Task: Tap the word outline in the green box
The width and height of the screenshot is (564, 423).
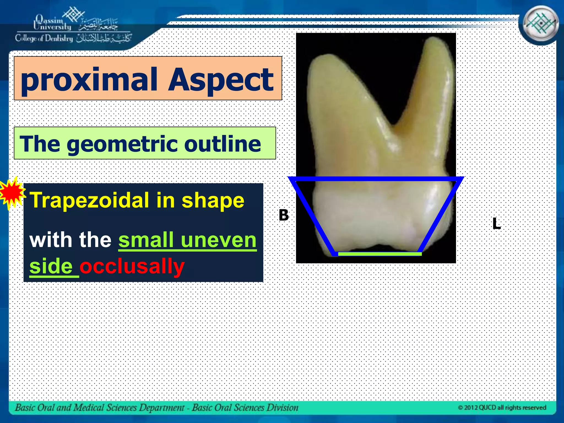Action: [x=222, y=143]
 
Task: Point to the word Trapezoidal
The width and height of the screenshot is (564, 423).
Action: [x=90, y=200]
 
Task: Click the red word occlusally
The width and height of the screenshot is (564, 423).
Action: [x=132, y=266]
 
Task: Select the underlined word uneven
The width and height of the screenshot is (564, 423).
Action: [x=219, y=240]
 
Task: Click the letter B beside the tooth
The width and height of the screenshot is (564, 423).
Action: [x=284, y=215]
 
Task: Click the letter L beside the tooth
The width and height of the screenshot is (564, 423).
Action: [x=496, y=224]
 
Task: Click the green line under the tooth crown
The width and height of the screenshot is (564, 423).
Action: [x=379, y=254]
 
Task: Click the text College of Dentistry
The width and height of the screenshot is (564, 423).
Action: [x=44, y=38]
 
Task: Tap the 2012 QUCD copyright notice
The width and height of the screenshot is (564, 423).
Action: [x=502, y=408]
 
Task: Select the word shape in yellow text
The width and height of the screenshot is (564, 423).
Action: [x=213, y=200]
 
